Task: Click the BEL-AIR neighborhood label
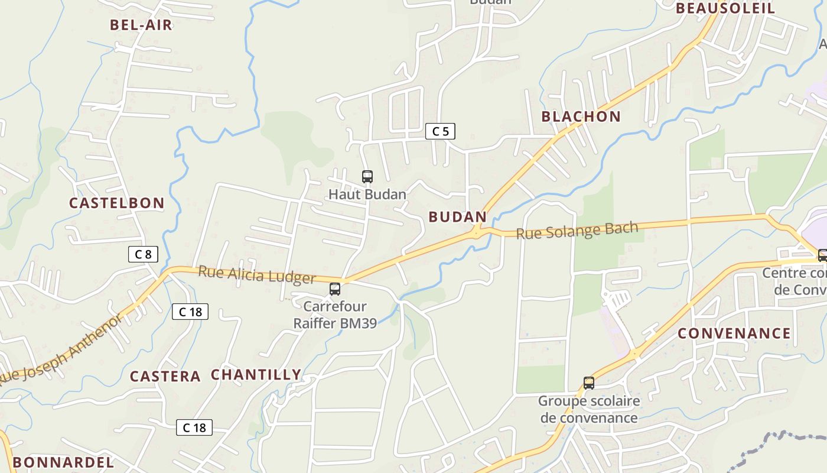pyautogui.click(x=141, y=25)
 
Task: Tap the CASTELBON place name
pyautogui.click(x=116, y=203)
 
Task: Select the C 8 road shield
pyautogui.click(x=143, y=254)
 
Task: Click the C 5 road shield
pyautogui.click(x=440, y=131)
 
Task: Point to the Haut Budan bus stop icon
pyautogui.click(x=367, y=176)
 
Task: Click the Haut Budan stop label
pyautogui.click(x=367, y=194)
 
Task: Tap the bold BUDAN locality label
pyautogui.click(x=457, y=217)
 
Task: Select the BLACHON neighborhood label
pyautogui.click(x=581, y=116)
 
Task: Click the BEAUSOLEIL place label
pyautogui.click(x=725, y=8)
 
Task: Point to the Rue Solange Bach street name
pyautogui.click(x=577, y=230)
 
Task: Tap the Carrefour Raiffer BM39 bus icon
pyautogui.click(x=335, y=289)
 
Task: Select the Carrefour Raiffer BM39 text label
pyautogui.click(x=335, y=315)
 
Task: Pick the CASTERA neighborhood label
pyautogui.click(x=165, y=376)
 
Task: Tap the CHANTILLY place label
pyautogui.click(x=256, y=374)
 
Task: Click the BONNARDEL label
pyautogui.click(x=63, y=462)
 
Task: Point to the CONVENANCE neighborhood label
pyautogui.click(x=734, y=333)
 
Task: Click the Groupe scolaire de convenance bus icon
pyautogui.click(x=589, y=383)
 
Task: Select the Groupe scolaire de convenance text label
pyautogui.click(x=589, y=409)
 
